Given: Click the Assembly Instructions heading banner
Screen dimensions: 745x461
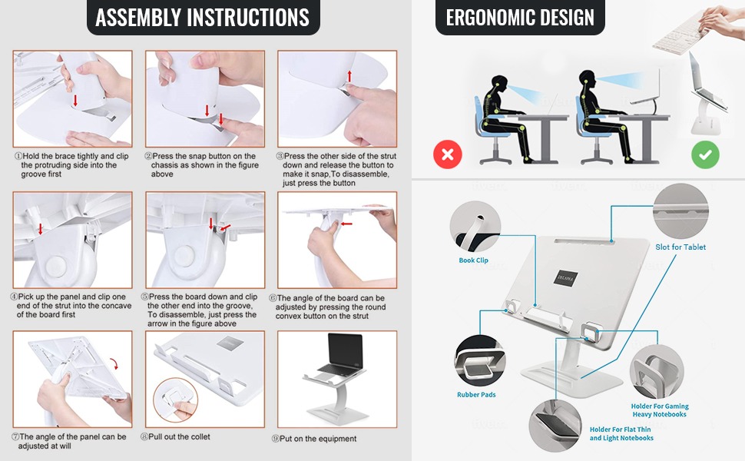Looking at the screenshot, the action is [203, 17].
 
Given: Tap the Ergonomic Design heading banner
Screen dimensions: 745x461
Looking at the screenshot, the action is [520, 17].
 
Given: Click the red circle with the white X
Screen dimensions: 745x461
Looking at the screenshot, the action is [448, 154].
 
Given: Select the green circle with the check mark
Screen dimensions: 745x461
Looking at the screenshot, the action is [705, 154].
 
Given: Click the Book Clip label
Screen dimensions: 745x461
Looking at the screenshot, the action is [473, 260].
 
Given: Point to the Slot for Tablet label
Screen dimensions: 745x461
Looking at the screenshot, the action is [680, 247].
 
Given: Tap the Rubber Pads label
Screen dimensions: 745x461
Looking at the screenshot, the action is [476, 394].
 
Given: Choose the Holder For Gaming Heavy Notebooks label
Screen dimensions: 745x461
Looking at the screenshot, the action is [660, 410].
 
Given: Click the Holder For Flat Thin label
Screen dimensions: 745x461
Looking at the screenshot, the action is [620, 429].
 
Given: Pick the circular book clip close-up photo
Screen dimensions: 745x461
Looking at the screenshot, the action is [475, 226].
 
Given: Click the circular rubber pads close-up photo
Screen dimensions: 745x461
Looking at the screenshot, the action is [480, 360].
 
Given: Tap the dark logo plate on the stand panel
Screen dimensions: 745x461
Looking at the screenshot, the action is [565, 277].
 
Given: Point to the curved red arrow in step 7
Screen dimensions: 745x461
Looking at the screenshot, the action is [114, 364].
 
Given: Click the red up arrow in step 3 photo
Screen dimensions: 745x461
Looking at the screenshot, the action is [349, 75].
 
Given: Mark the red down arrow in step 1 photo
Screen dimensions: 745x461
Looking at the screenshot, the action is [75, 101].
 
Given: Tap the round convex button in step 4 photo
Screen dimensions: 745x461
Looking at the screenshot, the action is [56, 266].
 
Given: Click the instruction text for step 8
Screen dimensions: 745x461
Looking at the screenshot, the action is [175, 436].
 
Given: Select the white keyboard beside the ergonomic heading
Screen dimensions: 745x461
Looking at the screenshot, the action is [680, 32].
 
